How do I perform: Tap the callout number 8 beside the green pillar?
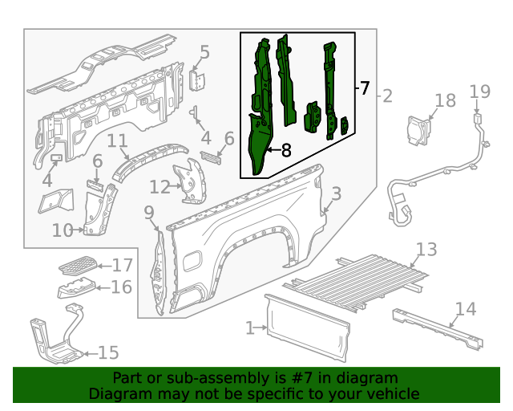pos(285,149)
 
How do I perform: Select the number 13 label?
pos(426,250)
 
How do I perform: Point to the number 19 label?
pos(479,92)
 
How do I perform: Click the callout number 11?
pos(118,142)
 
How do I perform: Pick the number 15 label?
pos(108,352)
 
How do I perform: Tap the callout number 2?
pos(387,97)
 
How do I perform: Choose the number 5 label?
pos(204,53)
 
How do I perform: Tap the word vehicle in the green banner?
pos(391,394)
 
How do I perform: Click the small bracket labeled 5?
pos(198,80)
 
